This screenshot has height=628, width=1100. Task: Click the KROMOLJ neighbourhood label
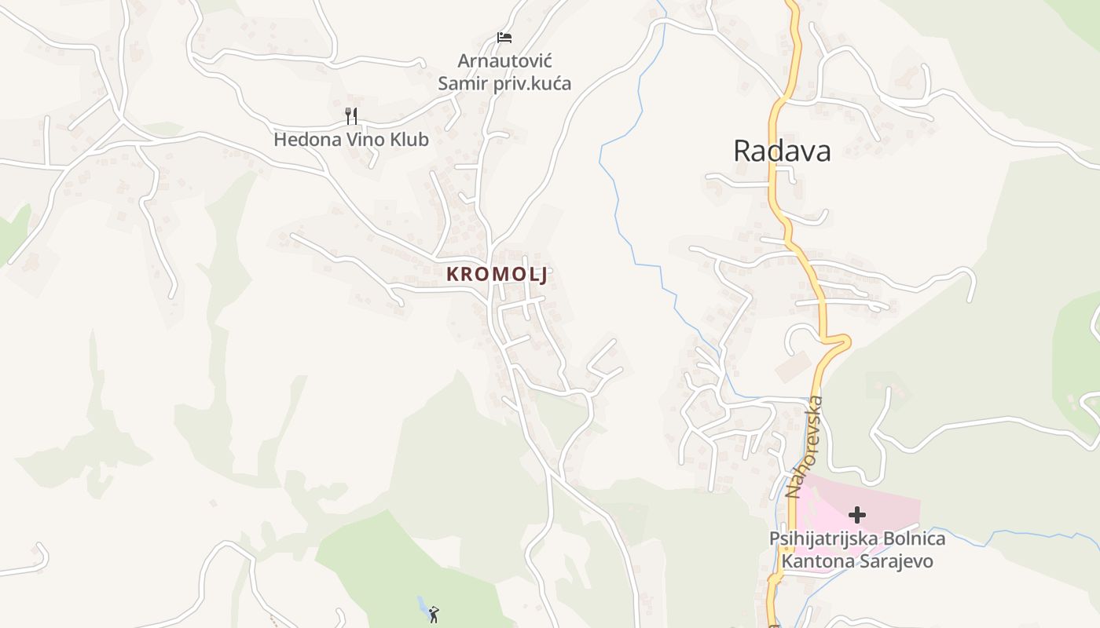pyautogui.click(x=497, y=274)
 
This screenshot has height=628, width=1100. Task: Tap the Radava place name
pyautogui.click(x=782, y=151)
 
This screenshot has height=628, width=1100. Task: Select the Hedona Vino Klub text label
pyautogui.click(x=351, y=140)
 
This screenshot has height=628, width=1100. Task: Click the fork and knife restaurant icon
pyautogui.click(x=351, y=116)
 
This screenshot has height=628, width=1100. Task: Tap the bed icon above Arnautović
pyautogui.click(x=504, y=38)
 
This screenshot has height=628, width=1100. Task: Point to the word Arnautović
pyautogui.click(x=505, y=60)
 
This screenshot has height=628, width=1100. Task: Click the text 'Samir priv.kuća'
pyautogui.click(x=504, y=82)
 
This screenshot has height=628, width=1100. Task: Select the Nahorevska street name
pyautogui.click(x=805, y=447)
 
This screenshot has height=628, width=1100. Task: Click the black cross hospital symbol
pyautogui.click(x=857, y=515)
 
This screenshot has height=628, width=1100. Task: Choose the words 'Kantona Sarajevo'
pyautogui.click(x=856, y=561)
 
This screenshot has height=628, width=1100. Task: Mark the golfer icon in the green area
pyautogui.click(x=434, y=615)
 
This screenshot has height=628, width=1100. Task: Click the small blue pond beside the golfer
pyautogui.click(x=423, y=605)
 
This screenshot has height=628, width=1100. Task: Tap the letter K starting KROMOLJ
pyautogui.click(x=453, y=274)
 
